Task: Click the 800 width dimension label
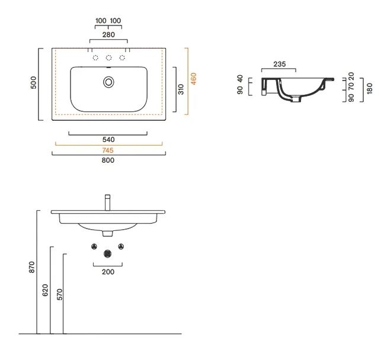(108, 160)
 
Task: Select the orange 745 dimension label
(108, 150)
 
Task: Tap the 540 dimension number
(108, 140)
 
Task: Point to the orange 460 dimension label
(193, 79)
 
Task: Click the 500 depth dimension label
(34, 82)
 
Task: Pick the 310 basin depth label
(181, 89)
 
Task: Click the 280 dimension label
(108, 35)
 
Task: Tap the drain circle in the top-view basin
(108, 82)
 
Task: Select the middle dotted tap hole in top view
(108, 58)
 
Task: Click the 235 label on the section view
(280, 64)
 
